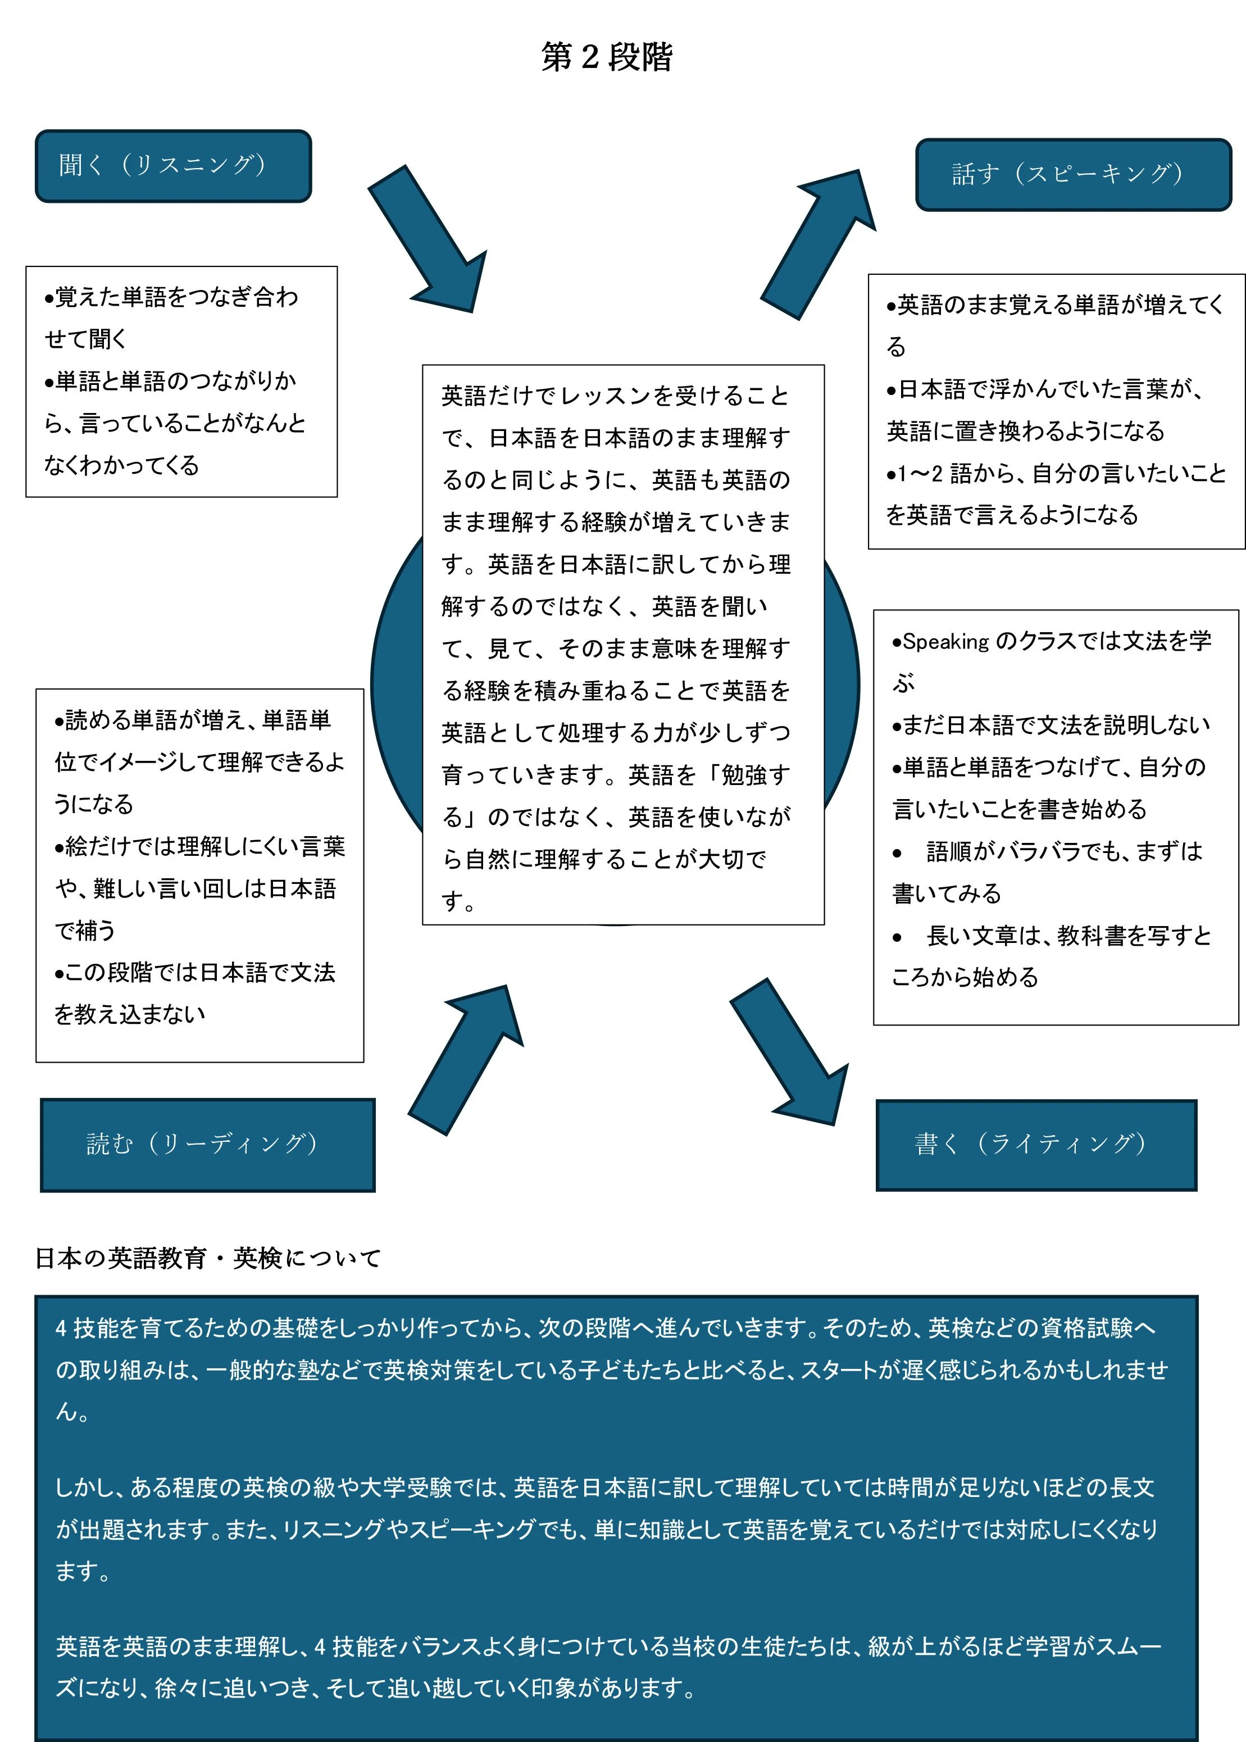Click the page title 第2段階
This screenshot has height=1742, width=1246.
[x=607, y=57]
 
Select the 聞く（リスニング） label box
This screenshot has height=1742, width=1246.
[x=174, y=166]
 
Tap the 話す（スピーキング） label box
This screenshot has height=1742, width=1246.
[x=1074, y=175]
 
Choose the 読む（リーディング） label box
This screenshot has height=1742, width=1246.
[x=208, y=1145]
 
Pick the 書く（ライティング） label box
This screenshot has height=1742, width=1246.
[x=1036, y=1145]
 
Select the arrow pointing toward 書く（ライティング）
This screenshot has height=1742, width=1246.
[x=790, y=1051]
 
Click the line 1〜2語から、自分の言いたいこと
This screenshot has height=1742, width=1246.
[x=1057, y=474]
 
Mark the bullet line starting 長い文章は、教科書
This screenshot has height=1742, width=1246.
[x=1052, y=936]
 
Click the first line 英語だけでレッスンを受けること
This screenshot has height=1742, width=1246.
[x=615, y=396]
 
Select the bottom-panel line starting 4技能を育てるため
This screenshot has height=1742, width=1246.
[x=606, y=1328]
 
